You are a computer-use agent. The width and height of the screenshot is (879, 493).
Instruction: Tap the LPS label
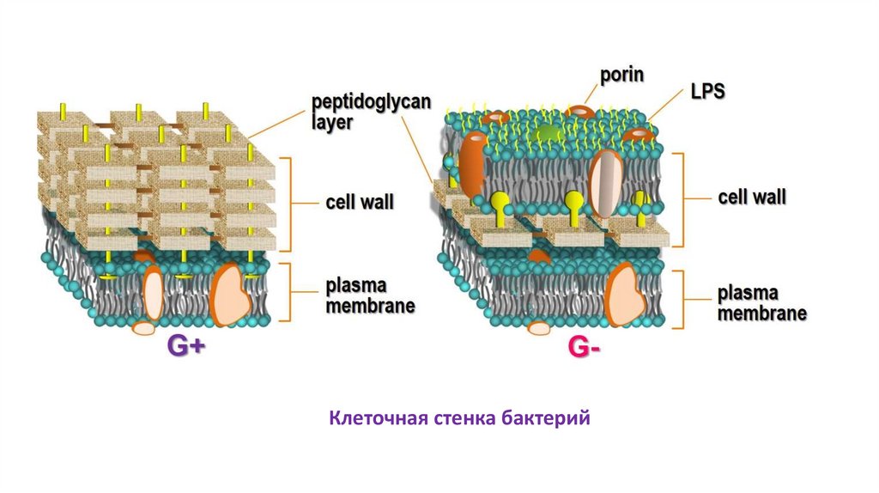point(706,92)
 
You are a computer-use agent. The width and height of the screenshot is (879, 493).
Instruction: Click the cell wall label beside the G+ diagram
point(359,204)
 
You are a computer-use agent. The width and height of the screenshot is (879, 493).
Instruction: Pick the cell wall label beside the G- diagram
point(751,198)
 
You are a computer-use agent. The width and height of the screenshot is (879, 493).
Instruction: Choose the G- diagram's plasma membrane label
point(761,303)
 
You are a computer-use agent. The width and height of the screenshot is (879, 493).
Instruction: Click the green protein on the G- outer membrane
point(547,133)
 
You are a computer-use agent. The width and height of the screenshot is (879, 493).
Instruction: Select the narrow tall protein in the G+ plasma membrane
point(155,294)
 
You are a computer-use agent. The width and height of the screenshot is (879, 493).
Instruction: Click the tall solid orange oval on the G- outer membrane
point(473,163)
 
